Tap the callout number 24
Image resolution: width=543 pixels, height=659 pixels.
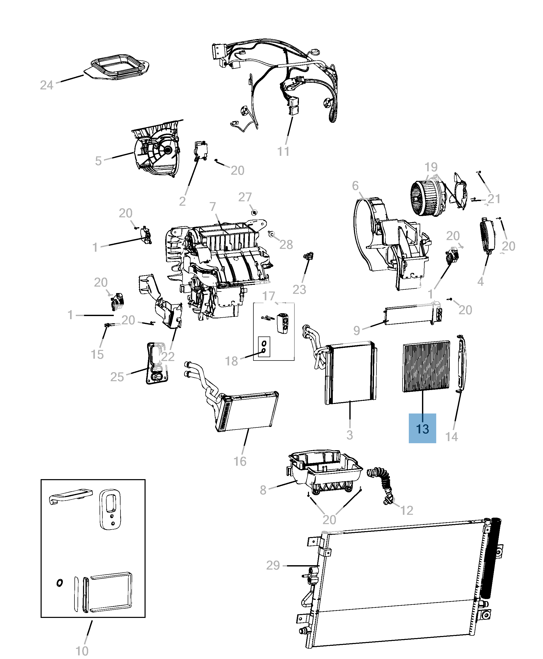tap(47, 85)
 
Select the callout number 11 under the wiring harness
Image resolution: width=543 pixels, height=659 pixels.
tap(283, 152)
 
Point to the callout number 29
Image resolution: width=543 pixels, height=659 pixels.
tap(273, 565)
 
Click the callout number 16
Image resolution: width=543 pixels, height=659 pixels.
tap(240, 461)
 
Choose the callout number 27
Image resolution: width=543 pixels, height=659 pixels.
tap(245, 197)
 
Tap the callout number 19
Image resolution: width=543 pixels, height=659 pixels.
tap(431, 167)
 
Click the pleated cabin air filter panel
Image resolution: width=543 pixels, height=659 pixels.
tap(426, 366)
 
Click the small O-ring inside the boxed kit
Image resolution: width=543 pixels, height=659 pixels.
tap(59, 583)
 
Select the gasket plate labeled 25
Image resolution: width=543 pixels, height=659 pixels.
tap(157, 362)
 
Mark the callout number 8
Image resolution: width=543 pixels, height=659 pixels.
tap(263, 490)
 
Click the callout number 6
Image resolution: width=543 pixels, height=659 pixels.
tap(355, 186)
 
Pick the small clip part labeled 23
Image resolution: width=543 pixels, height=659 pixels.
tap(309, 256)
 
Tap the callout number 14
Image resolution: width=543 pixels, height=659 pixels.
tap(451, 437)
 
